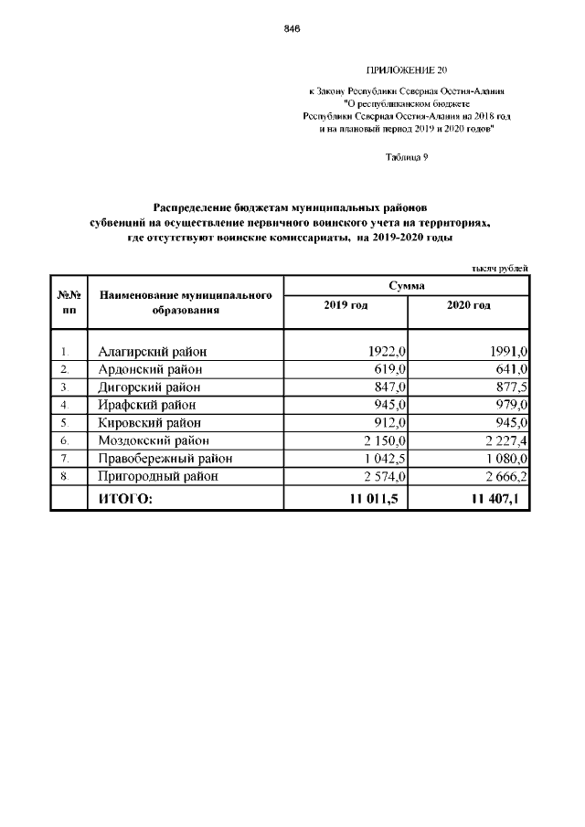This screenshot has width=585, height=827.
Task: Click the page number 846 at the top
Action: click(292, 29)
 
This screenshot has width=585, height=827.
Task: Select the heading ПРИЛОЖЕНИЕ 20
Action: click(407, 70)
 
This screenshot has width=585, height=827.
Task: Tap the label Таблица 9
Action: click(407, 157)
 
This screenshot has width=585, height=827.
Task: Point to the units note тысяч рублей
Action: click(500, 268)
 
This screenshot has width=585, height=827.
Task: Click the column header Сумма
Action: click(406, 286)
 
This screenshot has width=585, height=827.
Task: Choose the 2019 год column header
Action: click(346, 305)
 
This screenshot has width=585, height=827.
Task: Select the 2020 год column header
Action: click(468, 305)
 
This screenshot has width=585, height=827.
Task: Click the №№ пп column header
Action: click(69, 302)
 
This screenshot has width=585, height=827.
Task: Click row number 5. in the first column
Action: click(65, 423)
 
